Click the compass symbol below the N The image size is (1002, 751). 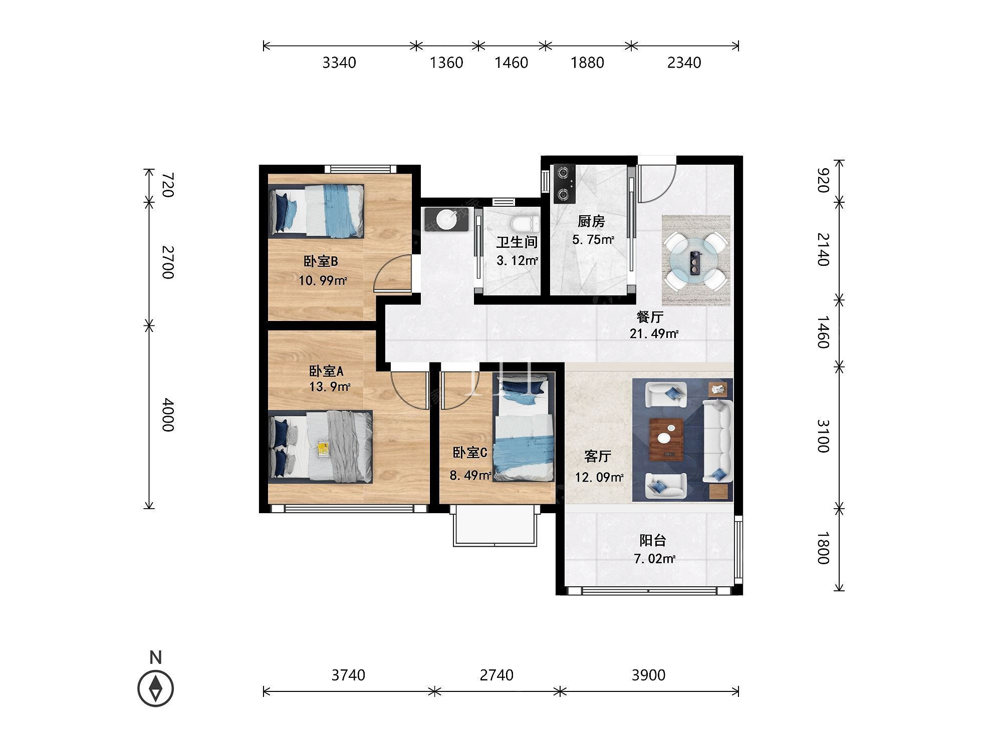(x=156, y=688)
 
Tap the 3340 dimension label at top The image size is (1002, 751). (x=339, y=63)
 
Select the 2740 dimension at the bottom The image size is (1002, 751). (x=496, y=675)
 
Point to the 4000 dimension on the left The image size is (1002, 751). (x=167, y=415)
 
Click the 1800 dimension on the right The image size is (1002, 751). (x=823, y=548)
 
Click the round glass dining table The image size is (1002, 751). (x=696, y=260)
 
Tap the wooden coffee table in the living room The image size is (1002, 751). (x=666, y=439)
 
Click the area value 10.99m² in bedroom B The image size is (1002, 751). (x=323, y=280)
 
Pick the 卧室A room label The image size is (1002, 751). (x=326, y=371)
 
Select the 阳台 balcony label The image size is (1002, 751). (x=653, y=540)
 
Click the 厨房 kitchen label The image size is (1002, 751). (x=591, y=221)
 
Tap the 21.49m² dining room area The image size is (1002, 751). (x=654, y=333)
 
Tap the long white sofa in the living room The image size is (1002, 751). (x=718, y=441)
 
